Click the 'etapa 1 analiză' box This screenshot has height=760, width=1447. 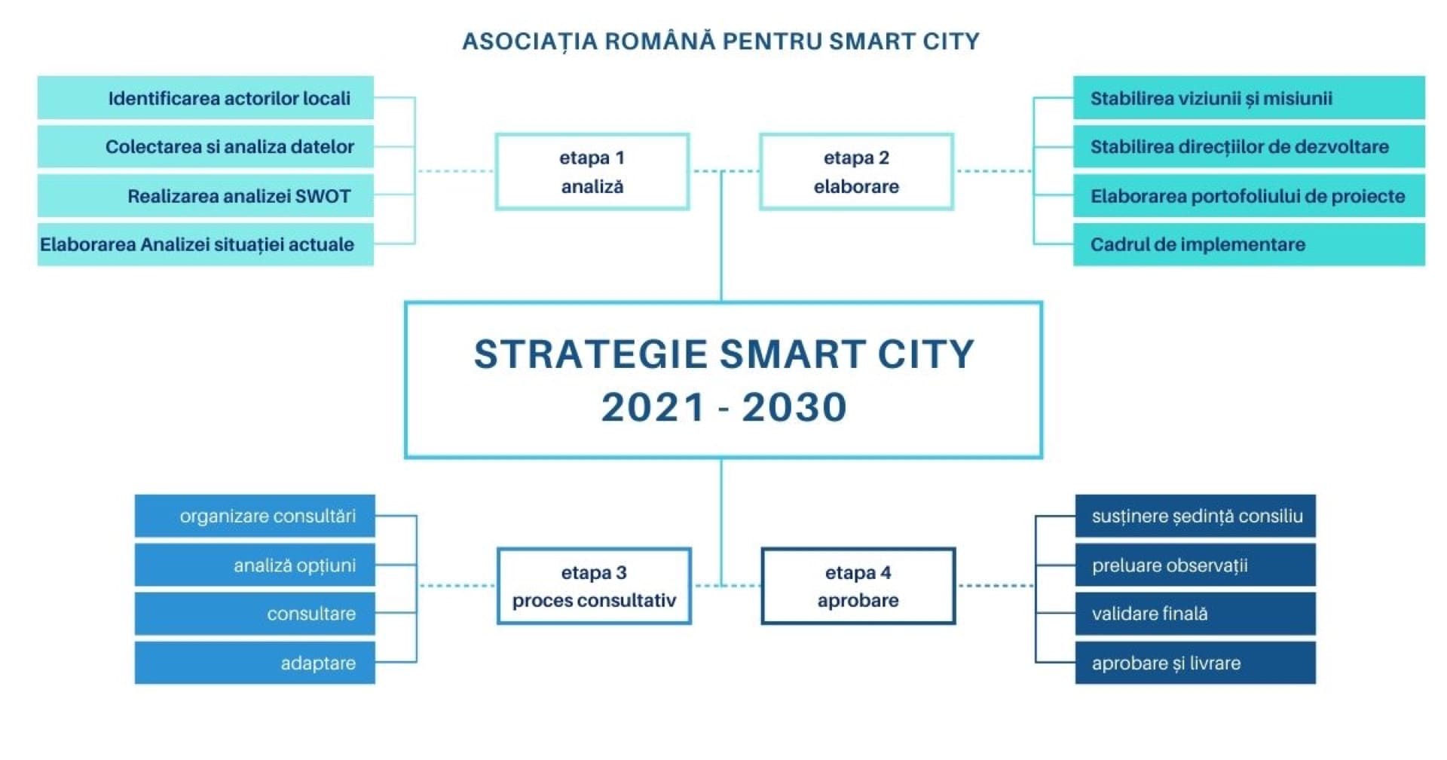pos(592,172)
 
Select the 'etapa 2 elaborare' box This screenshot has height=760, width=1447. pos(857,172)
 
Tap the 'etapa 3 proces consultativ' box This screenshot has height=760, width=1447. pos(594,586)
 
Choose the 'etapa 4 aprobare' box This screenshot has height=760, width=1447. pos(858,586)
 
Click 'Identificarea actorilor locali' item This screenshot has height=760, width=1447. pos(206,98)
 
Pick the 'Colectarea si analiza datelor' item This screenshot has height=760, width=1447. pos(206,146)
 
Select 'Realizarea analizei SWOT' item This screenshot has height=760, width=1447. pos(206,196)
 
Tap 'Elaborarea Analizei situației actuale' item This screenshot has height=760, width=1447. pos(206,244)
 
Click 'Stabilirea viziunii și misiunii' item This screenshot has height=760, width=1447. pos(1249,98)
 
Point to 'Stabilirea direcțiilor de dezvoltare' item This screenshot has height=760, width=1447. pos(1249,146)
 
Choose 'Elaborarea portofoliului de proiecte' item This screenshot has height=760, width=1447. pos(1249,196)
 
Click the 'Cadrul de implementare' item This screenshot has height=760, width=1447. pos(1249,244)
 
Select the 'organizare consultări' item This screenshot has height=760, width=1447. pos(255,516)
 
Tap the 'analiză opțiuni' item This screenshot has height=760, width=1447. pos(255,565)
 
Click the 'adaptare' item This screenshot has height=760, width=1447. pos(255,663)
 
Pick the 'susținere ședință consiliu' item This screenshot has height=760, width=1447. pos(1195,516)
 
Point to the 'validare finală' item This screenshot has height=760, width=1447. pos(1195,614)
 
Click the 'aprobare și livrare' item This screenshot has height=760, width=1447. pos(1195,663)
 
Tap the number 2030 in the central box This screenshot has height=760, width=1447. pos(794,407)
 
